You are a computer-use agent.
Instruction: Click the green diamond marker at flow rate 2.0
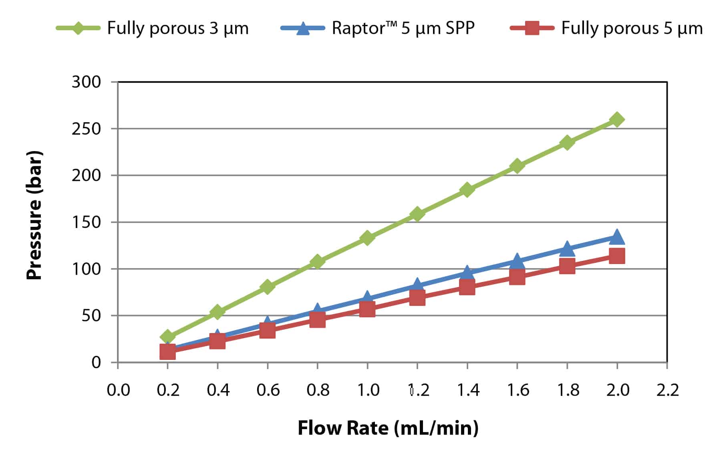[617, 119]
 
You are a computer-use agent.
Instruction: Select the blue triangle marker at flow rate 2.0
[617, 237]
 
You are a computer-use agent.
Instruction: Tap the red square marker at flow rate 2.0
[617, 256]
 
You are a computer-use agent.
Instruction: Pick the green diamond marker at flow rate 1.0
[367, 238]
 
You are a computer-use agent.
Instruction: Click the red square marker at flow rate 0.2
[167, 352]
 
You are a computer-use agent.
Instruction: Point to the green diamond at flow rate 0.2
[167, 337]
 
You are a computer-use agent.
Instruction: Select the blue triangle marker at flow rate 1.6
[517, 261]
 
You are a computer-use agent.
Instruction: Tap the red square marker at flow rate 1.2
[417, 298]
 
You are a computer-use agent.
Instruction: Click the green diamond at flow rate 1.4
[467, 189]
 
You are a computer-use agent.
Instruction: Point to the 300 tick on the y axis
[87, 82]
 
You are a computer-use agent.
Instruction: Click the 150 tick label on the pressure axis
[87, 222]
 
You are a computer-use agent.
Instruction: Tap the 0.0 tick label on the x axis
[118, 390]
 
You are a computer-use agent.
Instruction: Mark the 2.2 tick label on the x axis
[667, 390]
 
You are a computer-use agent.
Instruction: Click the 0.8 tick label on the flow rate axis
[318, 390]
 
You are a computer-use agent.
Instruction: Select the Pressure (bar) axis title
[34, 215]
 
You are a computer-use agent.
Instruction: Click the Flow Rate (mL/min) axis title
[388, 428]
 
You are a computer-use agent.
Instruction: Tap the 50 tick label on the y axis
[91, 316]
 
